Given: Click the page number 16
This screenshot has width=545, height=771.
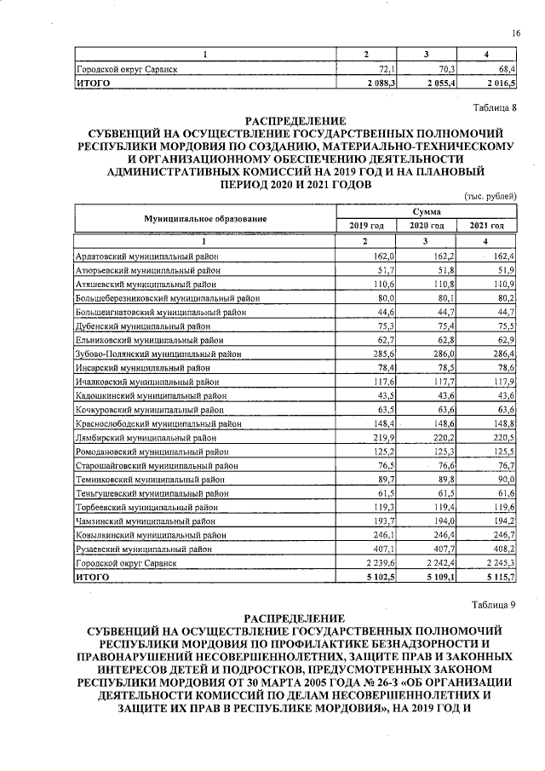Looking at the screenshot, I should click(516, 32).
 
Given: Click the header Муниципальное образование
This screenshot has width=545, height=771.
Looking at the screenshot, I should click(205, 218).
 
